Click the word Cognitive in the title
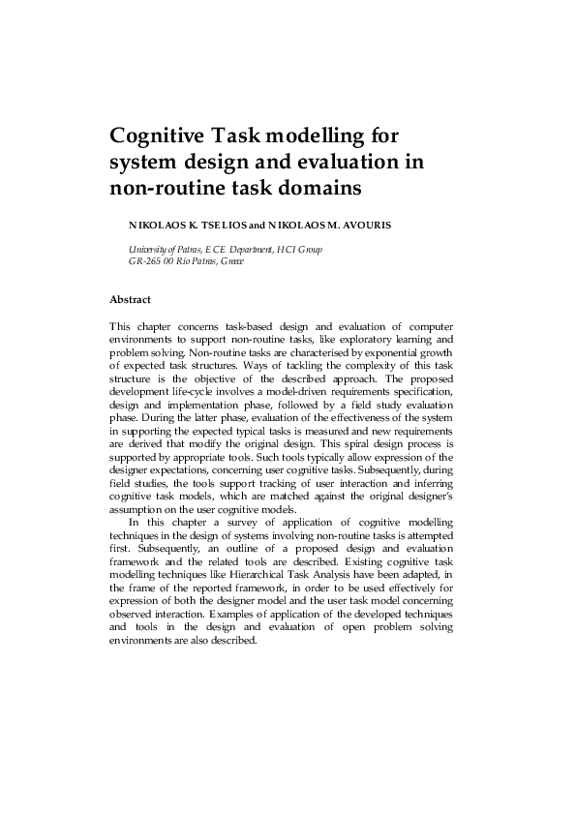[x=162, y=134]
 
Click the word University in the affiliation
[x=133, y=250]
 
